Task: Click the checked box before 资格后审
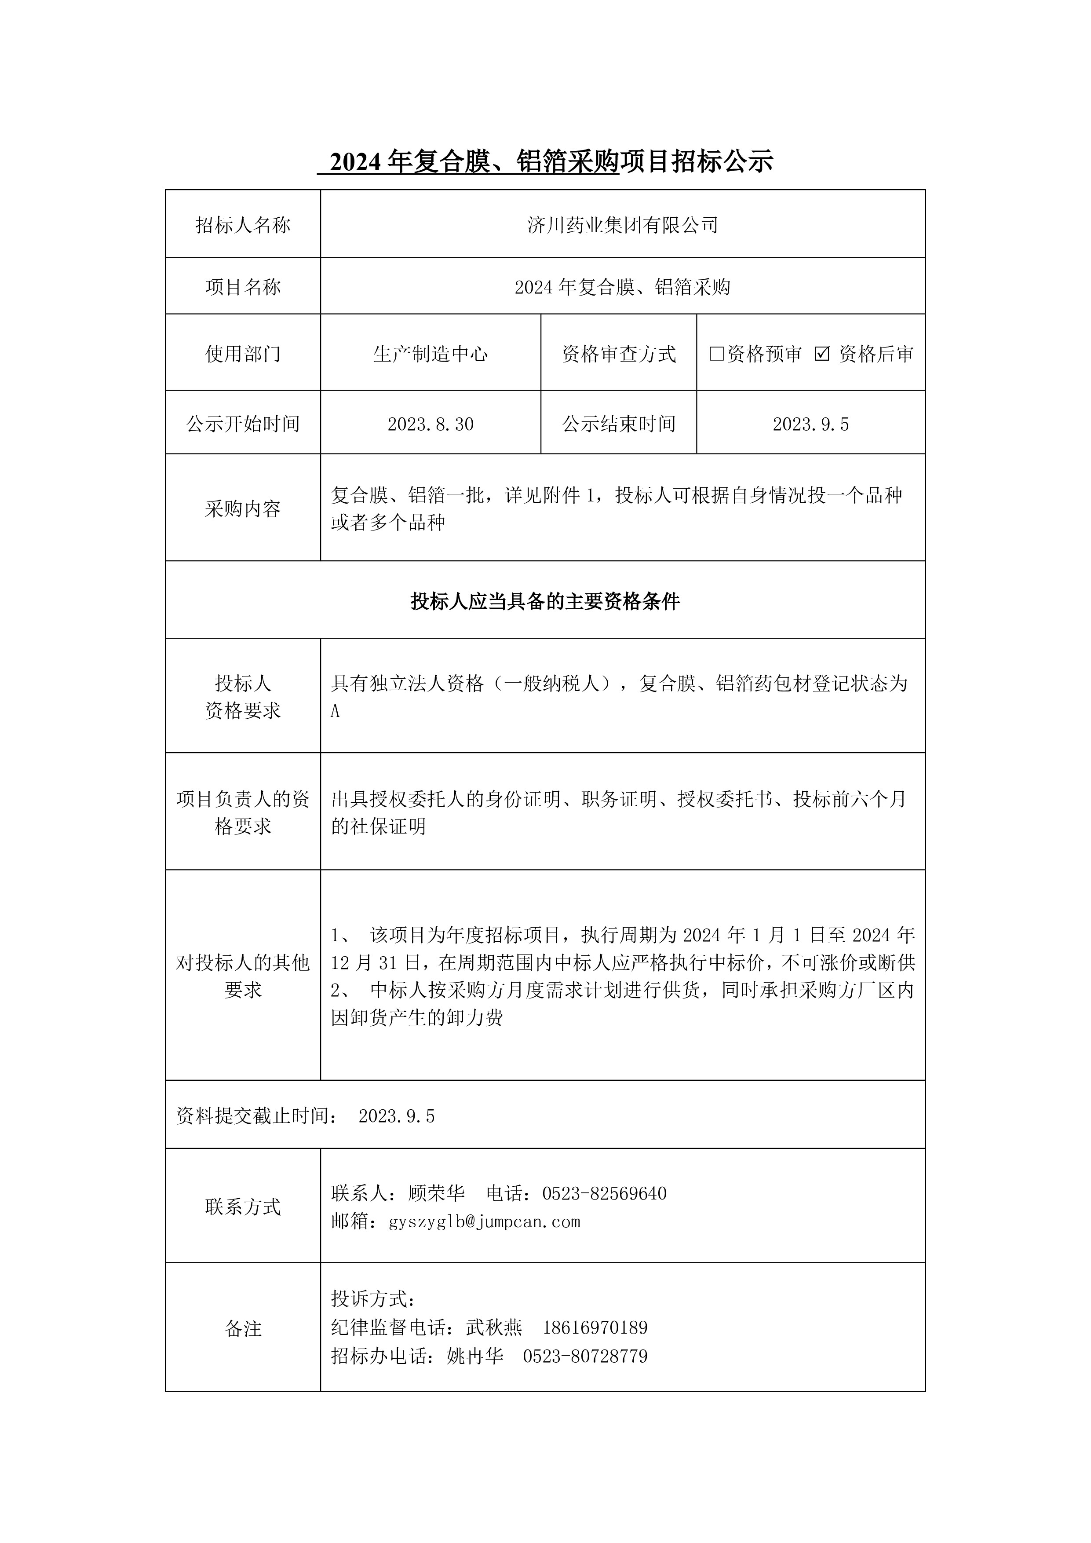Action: pyautogui.click(x=821, y=354)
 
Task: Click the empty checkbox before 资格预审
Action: pyautogui.click(x=716, y=354)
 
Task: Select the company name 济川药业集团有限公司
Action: pyautogui.click(x=623, y=225)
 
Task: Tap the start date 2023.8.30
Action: pyautogui.click(x=431, y=424)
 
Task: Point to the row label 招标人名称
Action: pyautogui.click(x=243, y=225)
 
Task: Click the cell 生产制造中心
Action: pyautogui.click(x=431, y=354)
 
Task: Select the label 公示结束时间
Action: pyautogui.click(x=619, y=424)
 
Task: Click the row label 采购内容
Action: pyautogui.click(x=243, y=509)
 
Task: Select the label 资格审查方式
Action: pyautogui.click(x=619, y=354)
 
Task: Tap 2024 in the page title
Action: pyautogui.click(x=356, y=162)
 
